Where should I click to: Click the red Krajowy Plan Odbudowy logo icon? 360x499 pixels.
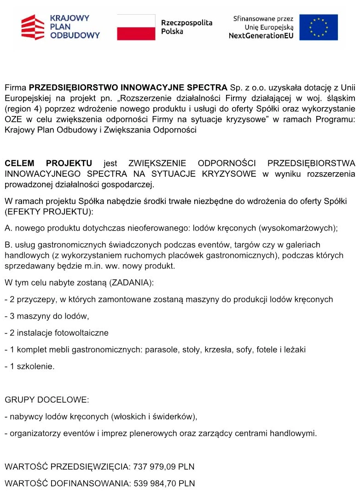[34, 27]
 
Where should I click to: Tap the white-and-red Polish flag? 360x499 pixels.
[136, 27]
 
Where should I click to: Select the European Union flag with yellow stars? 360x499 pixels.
[319, 27]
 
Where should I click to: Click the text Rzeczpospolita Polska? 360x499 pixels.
[186, 27]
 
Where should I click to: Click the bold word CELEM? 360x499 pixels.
[21, 163]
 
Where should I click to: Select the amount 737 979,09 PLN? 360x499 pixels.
[164, 467]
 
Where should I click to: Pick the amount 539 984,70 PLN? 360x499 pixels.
[164, 484]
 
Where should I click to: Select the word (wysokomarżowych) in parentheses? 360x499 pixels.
[299, 228]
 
